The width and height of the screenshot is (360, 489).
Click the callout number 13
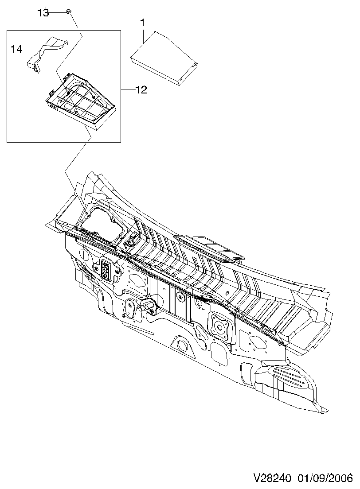tap(43, 12)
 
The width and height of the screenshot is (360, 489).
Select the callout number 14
tap(16, 49)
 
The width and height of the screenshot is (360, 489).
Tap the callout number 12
tap(141, 90)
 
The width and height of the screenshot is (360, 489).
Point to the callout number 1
tap(143, 22)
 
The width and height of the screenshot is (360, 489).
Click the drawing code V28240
tap(272, 479)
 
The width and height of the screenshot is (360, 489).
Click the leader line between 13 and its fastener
tap(57, 12)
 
